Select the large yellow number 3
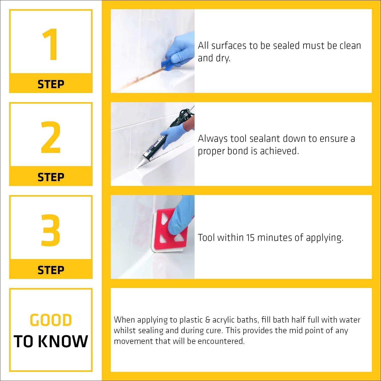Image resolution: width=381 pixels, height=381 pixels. pos(51,230)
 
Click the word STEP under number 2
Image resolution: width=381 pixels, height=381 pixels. pos(51,177)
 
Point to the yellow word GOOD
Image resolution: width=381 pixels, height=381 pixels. pos(51,320)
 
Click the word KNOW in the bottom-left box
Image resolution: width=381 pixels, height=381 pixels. pos(64,341)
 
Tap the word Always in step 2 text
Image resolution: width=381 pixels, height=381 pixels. pos(213,139)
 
